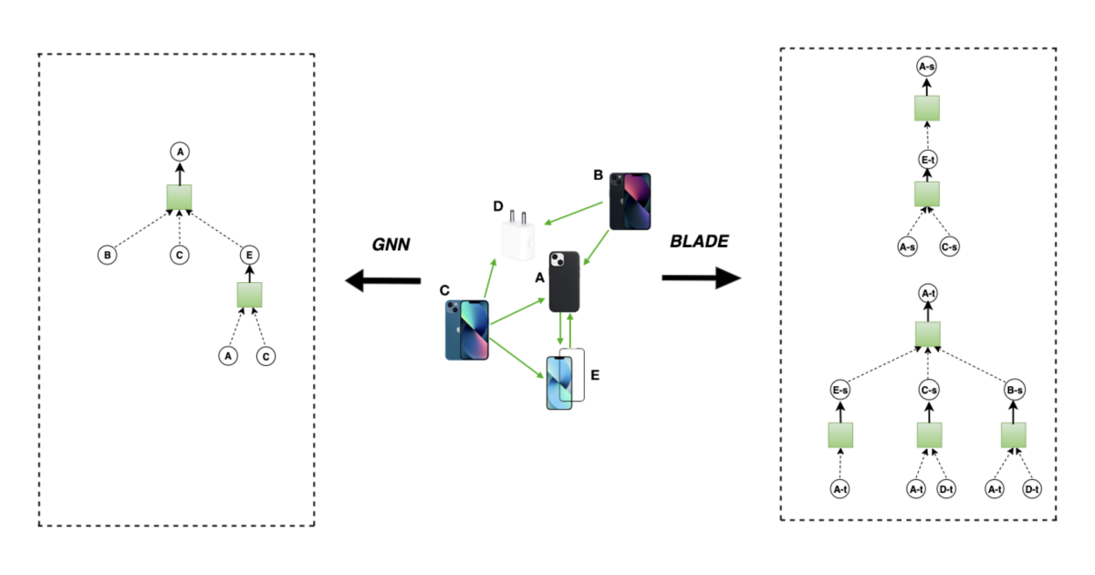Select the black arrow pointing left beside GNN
(x=381, y=282)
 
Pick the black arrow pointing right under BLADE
(x=701, y=277)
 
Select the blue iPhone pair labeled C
(x=467, y=329)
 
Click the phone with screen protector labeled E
(x=564, y=380)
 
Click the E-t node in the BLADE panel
(x=927, y=159)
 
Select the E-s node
(x=840, y=392)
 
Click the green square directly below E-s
(x=840, y=435)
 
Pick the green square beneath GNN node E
(x=249, y=295)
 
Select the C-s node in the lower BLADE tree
(x=927, y=392)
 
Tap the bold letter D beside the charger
(x=498, y=206)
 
